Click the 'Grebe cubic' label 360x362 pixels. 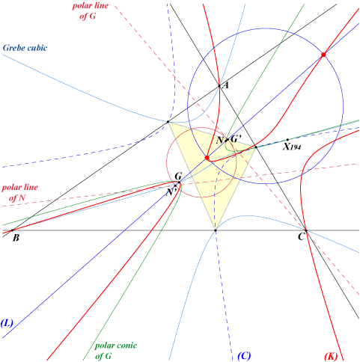(25, 48)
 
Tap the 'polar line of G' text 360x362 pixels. (91, 10)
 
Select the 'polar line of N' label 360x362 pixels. (19, 192)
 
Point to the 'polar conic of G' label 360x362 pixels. (116, 351)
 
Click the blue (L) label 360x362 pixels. (7, 323)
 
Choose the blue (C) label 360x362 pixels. (244, 355)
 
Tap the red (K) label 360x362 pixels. (331, 356)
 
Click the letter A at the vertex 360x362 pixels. (226, 85)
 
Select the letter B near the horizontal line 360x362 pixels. (16, 238)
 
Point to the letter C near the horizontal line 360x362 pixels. (301, 236)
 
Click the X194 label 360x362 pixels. (292, 147)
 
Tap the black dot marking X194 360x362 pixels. (287, 140)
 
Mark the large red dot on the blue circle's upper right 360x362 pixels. (323, 55)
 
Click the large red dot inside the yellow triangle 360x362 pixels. (207, 158)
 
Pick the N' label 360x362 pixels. (171, 192)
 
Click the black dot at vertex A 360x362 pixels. (219, 86)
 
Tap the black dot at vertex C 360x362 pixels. (306, 230)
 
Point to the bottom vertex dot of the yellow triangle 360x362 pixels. (216, 230)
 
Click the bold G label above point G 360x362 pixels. (178, 177)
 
